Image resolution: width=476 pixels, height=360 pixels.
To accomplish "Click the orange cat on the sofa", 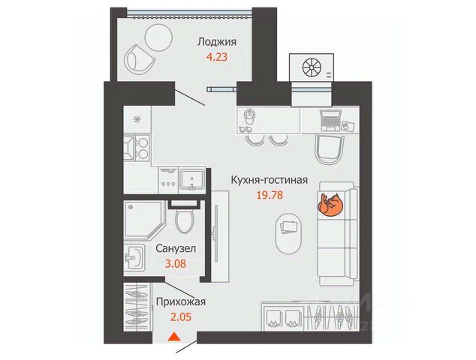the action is pyautogui.click(x=330, y=204).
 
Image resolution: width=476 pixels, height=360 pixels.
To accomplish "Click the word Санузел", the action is pyautogui.click(x=176, y=249).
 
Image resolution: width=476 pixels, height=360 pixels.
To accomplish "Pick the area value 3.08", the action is pyautogui.click(x=176, y=263).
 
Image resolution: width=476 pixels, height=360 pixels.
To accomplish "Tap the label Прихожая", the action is pyautogui.click(x=180, y=303).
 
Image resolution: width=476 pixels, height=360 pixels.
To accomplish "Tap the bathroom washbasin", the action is pyautogui.click(x=134, y=259).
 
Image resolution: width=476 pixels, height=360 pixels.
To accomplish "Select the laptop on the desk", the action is pyautogui.click(x=331, y=118).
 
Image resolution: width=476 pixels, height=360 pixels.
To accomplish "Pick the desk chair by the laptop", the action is pyautogui.click(x=329, y=148).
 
